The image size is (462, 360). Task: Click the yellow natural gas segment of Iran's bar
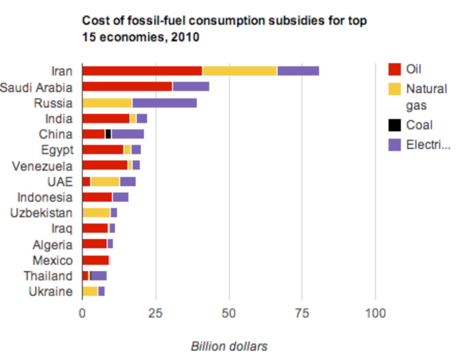coord(240,71)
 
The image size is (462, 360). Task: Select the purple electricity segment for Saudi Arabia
coord(191,86)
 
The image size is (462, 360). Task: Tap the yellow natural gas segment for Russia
coord(107,103)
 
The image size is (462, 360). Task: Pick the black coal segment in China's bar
coord(108,134)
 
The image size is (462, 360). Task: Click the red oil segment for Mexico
coord(95,260)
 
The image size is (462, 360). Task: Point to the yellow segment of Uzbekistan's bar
coord(96,213)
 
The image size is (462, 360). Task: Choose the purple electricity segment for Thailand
coord(99,276)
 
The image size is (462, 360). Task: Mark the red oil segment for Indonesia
coord(97,197)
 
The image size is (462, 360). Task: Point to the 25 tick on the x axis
coord(156,313)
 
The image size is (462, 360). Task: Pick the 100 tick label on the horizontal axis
coord(376,313)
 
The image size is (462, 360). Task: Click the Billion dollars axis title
coord(229,346)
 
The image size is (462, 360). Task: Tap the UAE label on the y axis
coord(60,181)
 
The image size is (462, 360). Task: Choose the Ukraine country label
coord(50,291)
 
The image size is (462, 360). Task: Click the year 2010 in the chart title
coord(185,37)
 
